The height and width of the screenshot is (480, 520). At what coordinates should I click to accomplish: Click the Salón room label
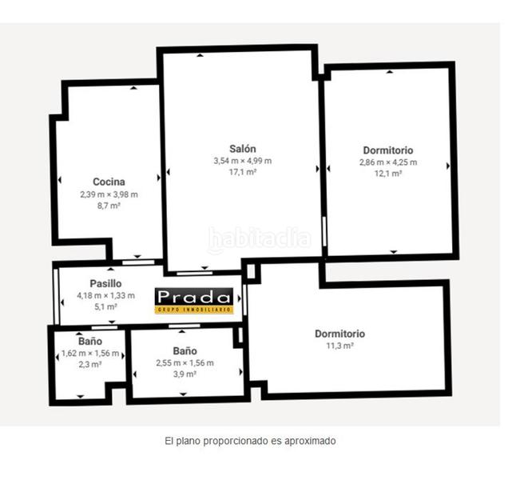pos(242,149)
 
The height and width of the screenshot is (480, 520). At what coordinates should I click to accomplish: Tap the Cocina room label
pos(109,182)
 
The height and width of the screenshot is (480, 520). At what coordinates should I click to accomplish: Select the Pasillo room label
pos(105,283)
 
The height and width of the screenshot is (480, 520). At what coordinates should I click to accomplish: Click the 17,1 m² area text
pos(242,172)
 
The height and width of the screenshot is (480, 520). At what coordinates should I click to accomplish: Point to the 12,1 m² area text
pos(387,174)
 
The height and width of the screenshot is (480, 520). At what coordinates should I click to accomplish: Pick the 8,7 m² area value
pos(109,206)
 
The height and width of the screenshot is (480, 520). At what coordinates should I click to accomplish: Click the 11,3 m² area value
pos(339,346)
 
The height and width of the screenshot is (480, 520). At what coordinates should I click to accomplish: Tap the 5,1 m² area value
pos(105,306)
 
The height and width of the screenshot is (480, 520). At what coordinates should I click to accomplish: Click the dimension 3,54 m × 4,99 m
pos(242,161)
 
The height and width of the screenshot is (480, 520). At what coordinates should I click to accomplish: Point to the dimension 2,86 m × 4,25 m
pos(387,162)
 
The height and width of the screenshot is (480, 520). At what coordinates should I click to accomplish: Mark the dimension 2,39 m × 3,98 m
pos(109,194)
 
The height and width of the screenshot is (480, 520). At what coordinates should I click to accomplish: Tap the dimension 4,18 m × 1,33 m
pos(105,295)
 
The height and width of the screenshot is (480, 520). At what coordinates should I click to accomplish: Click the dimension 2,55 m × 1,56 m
pos(185,362)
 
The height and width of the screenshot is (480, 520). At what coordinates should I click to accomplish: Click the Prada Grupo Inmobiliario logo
pos(194,299)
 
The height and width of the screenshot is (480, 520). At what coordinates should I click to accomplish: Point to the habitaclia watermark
pos(259,238)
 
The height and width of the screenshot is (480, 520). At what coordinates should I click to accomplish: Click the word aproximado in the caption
pos(308,440)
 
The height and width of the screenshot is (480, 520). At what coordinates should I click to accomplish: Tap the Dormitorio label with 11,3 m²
pos(339,334)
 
